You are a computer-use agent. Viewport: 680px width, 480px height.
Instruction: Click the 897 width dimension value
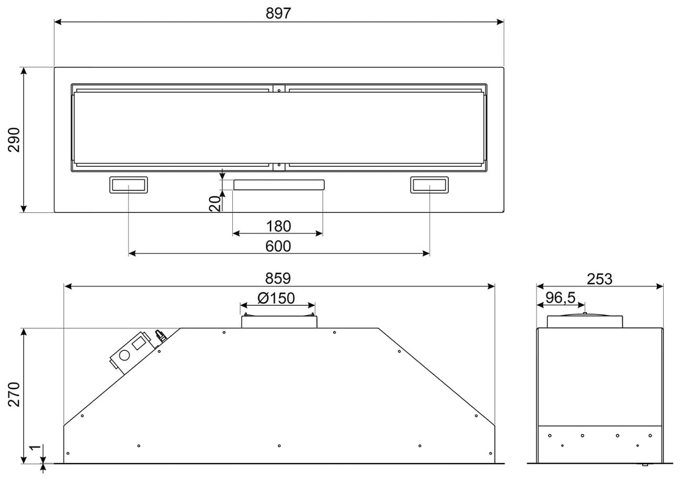[x=278, y=13]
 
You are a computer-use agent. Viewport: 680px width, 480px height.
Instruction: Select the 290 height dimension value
[x=14, y=140]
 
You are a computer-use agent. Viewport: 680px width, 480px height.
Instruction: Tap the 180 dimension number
[x=278, y=226]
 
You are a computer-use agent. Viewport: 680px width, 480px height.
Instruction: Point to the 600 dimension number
[x=278, y=246]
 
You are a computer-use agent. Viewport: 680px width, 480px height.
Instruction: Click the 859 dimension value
[x=278, y=278]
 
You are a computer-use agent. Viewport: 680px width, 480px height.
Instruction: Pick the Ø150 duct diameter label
[x=276, y=298]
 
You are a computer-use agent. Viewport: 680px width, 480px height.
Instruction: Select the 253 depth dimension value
[x=599, y=279]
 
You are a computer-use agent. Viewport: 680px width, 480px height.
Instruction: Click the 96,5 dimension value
[x=560, y=298]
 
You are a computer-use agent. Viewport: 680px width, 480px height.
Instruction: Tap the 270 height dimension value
[x=14, y=394]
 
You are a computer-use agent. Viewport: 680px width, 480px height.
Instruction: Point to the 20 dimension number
[x=214, y=203]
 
